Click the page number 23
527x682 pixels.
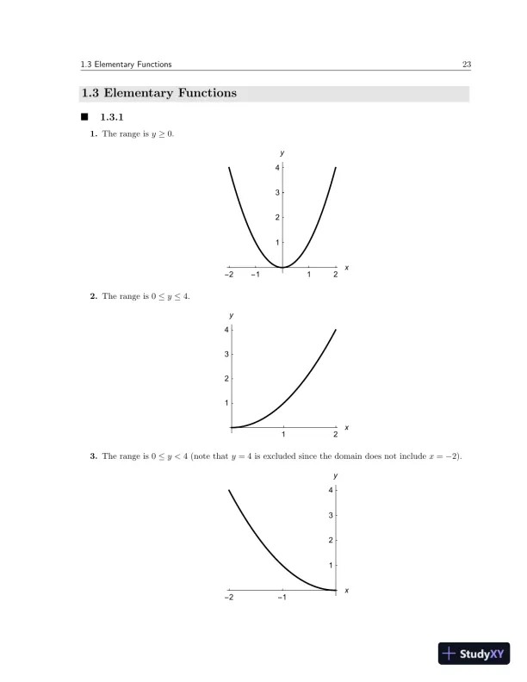[465, 64]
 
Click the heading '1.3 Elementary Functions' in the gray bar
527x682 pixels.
[158, 93]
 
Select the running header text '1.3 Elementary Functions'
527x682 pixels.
[126, 64]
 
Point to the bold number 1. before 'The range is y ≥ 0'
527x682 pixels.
[94, 133]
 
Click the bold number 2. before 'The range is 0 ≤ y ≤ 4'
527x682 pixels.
[94, 296]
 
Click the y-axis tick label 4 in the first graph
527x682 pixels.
[276, 168]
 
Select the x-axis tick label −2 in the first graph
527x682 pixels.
[228, 276]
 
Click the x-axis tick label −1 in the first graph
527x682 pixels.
[255, 276]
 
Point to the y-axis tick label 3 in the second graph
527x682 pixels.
[226, 354]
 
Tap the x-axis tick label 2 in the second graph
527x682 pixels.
[336, 435]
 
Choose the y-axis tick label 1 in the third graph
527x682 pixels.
[331, 565]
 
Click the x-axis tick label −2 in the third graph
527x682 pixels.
[228, 597]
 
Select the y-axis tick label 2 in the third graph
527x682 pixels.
[331, 540]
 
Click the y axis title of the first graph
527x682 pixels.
[282, 152]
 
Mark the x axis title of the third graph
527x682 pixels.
[346, 590]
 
